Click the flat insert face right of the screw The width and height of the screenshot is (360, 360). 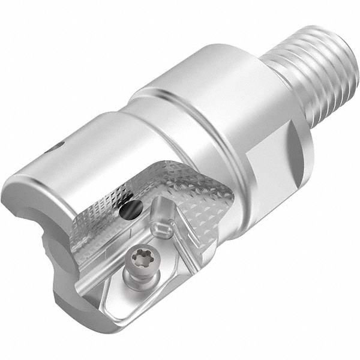coord(180,270)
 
